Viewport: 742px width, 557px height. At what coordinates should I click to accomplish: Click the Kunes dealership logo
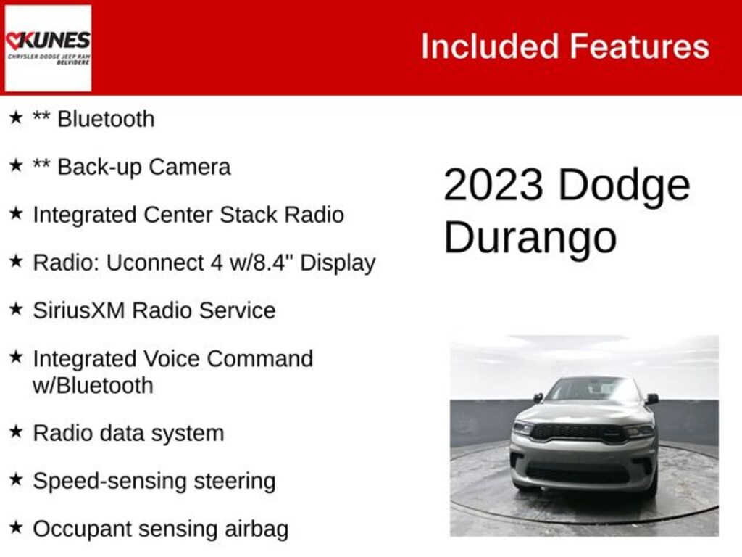pos(48,48)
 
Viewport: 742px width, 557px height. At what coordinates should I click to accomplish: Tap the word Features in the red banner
pos(638,46)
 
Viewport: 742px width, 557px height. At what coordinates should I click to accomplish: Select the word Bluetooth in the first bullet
pos(106,119)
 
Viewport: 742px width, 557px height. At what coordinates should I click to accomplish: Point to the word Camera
pos(189,167)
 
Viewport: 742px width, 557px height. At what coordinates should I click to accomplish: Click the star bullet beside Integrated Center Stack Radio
pos(16,214)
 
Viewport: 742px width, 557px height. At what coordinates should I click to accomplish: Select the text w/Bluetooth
pos(93,385)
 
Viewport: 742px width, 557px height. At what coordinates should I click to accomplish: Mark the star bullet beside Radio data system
pos(16,432)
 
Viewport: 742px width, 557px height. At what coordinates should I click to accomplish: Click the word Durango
pos(530,236)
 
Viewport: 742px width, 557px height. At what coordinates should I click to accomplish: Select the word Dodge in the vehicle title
pos(624,186)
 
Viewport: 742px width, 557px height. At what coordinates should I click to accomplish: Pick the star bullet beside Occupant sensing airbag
pos(16,527)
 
